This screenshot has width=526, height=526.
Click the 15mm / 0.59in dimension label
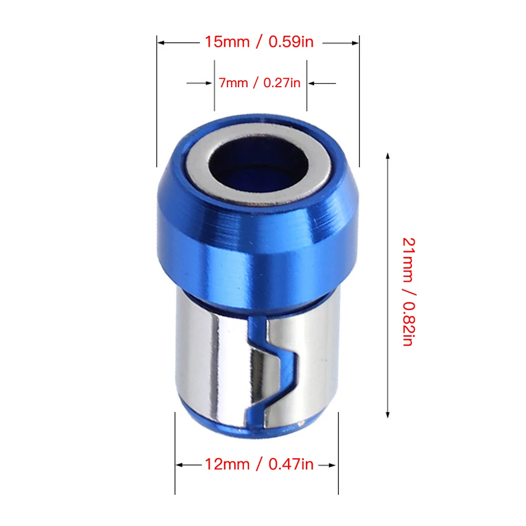click(259, 42)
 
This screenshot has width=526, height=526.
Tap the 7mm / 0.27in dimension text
click(259, 83)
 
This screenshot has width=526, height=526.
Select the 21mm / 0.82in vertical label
click(409, 292)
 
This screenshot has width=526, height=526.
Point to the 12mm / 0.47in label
click(259, 465)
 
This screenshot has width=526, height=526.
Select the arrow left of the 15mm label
click(179, 43)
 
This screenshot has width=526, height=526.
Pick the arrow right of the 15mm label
click(341, 43)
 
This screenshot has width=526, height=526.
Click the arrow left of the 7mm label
click(200, 83)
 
